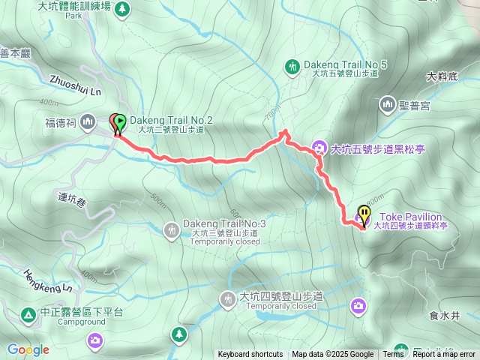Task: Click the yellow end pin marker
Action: (x=364, y=215)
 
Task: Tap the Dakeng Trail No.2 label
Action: (x=172, y=120)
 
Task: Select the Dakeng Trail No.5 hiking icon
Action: (x=292, y=67)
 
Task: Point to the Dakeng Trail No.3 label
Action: (x=224, y=223)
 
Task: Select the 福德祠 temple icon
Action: (x=88, y=121)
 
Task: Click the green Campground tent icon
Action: (x=27, y=314)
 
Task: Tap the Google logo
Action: (x=28, y=349)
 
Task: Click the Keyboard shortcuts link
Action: (x=250, y=355)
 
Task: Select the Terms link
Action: (x=393, y=355)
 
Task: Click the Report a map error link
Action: (x=445, y=355)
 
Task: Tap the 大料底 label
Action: (x=441, y=76)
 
